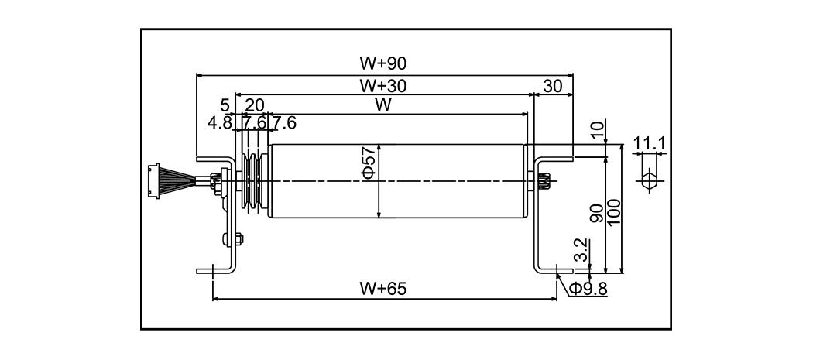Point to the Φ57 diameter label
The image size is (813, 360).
[x=369, y=167]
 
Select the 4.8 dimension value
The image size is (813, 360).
[x=219, y=122]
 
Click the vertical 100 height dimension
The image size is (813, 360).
[x=614, y=211]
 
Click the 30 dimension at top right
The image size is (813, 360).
[x=553, y=86]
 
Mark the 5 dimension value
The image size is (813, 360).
[x=225, y=105]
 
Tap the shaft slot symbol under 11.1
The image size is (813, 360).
[x=649, y=180]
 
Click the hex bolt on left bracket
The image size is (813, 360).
[x=235, y=240]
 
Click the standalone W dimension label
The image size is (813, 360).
[x=381, y=105]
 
